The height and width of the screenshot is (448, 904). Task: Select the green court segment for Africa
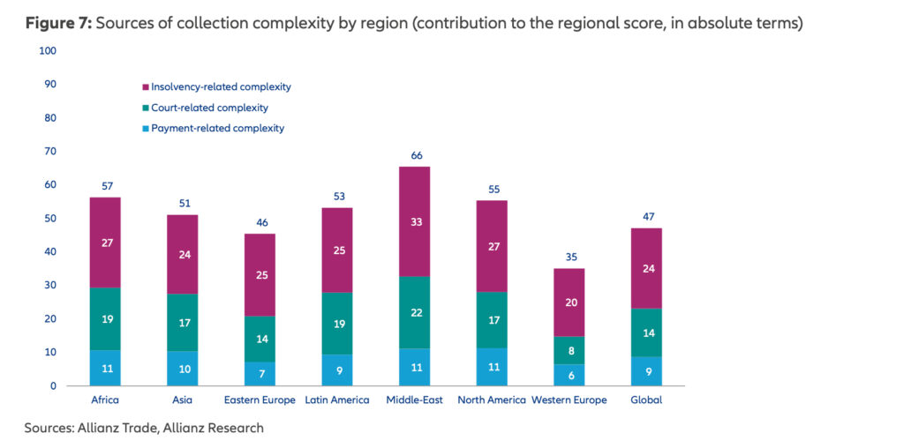pyautogui.click(x=105, y=318)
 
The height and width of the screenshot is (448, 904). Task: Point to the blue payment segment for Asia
pyautogui.click(x=183, y=369)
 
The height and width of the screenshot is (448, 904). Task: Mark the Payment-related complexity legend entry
pyautogui.click(x=217, y=128)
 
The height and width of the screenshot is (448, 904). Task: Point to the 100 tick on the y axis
pyautogui.click(x=49, y=51)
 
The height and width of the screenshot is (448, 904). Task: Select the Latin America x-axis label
pyautogui.click(x=337, y=399)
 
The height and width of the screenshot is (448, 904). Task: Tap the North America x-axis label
pyautogui.click(x=492, y=399)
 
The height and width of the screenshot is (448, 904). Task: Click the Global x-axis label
pyautogui.click(x=646, y=399)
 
